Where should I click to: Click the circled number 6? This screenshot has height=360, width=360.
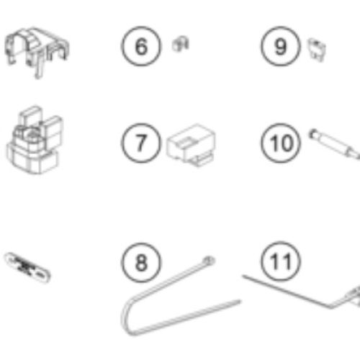pyautogui.click(x=141, y=46)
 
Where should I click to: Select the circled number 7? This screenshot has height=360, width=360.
pyautogui.click(x=141, y=143)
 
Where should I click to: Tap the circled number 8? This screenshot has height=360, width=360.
pyautogui.click(x=141, y=262)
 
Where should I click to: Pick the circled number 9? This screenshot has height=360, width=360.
pyautogui.click(x=281, y=46)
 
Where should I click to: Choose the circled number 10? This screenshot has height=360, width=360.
pyautogui.click(x=281, y=143)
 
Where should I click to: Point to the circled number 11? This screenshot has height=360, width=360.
pyautogui.click(x=281, y=261)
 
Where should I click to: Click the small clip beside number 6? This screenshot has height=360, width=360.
pyautogui.click(x=181, y=44)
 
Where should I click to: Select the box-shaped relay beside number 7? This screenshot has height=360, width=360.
pyautogui.click(x=192, y=145)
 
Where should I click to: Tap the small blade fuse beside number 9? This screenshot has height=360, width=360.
pyautogui.click(x=317, y=50)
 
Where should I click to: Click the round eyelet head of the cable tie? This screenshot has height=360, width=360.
pyautogui.click(x=209, y=260)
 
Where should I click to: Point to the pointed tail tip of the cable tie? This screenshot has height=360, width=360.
pyautogui.click(x=240, y=301)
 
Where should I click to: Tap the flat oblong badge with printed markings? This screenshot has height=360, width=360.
pyautogui.click(x=27, y=267)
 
